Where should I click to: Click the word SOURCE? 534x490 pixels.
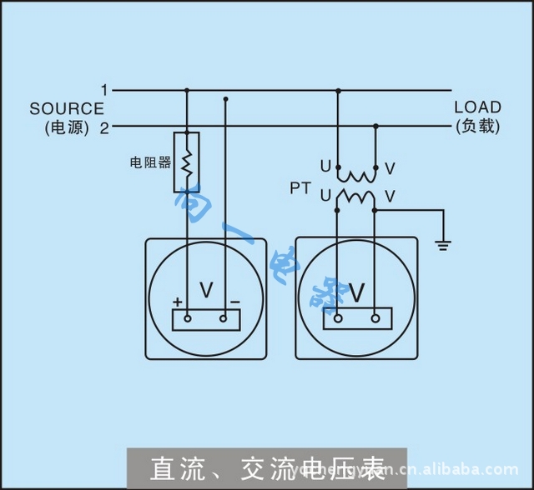click(x=67, y=108)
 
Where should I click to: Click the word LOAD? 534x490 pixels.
click(x=477, y=107)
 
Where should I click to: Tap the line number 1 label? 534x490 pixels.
click(x=104, y=89)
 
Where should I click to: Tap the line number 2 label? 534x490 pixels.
click(x=104, y=127)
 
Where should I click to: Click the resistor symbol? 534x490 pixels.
click(x=187, y=162)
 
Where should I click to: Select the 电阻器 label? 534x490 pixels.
click(x=149, y=162)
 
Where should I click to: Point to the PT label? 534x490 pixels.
click(x=300, y=188)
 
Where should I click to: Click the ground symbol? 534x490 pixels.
click(x=444, y=244)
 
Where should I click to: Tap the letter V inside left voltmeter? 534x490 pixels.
click(x=206, y=291)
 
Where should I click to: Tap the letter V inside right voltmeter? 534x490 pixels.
click(x=356, y=292)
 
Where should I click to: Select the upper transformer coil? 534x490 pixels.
click(x=356, y=176)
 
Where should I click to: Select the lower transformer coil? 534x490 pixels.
click(x=356, y=198)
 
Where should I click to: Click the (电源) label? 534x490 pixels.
click(x=67, y=128)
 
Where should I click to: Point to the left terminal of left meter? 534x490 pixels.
click(x=188, y=318)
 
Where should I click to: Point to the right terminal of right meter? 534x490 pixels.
click(x=375, y=317)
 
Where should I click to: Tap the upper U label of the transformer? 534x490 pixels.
click(x=325, y=167)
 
